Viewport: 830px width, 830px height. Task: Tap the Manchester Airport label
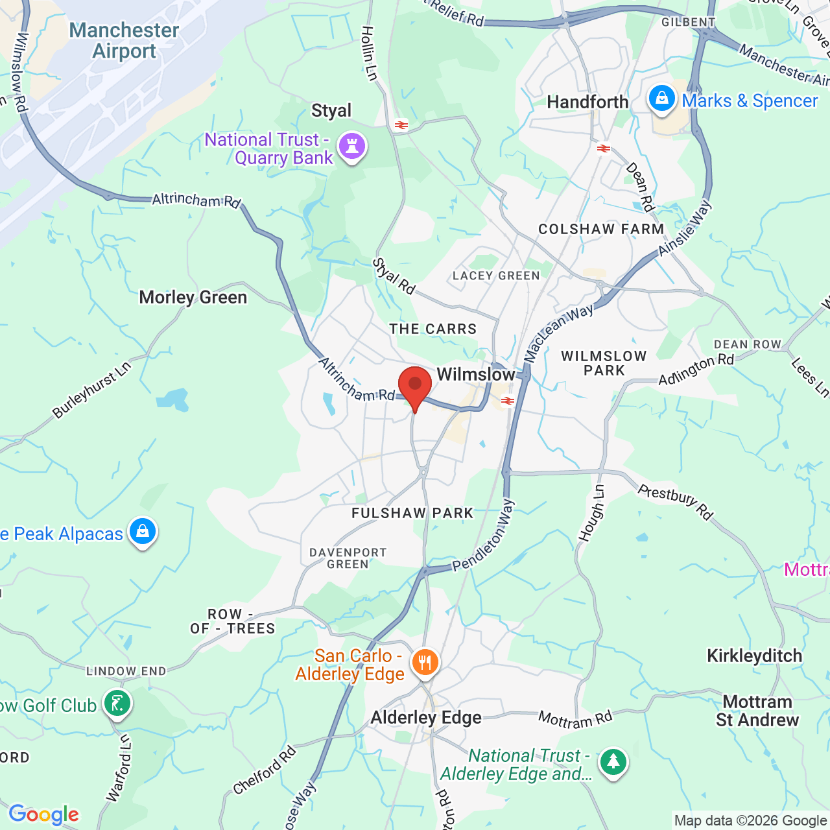pyautogui.click(x=124, y=40)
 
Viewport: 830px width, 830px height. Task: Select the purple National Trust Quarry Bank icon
pyautogui.click(x=352, y=147)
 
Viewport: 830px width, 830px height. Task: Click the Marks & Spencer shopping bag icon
pyautogui.click(x=661, y=99)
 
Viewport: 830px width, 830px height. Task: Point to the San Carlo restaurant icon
pyautogui.click(x=425, y=663)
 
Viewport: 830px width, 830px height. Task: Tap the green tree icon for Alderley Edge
pyautogui.click(x=613, y=762)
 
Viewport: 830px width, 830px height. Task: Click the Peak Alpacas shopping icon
pyautogui.click(x=143, y=532)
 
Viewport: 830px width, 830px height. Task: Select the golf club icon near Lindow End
pyautogui.click(x=117, y=704)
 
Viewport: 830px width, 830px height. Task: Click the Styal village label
pyautogui.click(x=331, y=110)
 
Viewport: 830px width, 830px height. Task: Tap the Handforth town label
pyautogui.click(x=587, y=102)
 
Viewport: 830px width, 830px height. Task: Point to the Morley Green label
pyautogui.click(x=193, y=297)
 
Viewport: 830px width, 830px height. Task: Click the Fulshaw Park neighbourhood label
pyautogui.click(x=412, y=513)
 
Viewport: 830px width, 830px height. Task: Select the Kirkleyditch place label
pyautogui.click(x=754, y=656)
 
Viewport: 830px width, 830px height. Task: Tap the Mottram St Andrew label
pyautogui.click(x=757, y=711)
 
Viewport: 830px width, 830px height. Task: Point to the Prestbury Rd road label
pyautogui.click(x=675, y=501)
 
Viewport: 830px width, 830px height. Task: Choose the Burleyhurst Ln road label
pyautogui.click(x=91, y=390)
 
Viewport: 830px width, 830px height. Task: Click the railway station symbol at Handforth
pyautogui.click(x=604, y=148)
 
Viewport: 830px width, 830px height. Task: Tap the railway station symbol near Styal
pyautogui.click(x=401, y=124)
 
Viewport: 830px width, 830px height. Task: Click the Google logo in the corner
pyautogui.click(x=43, y=814)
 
